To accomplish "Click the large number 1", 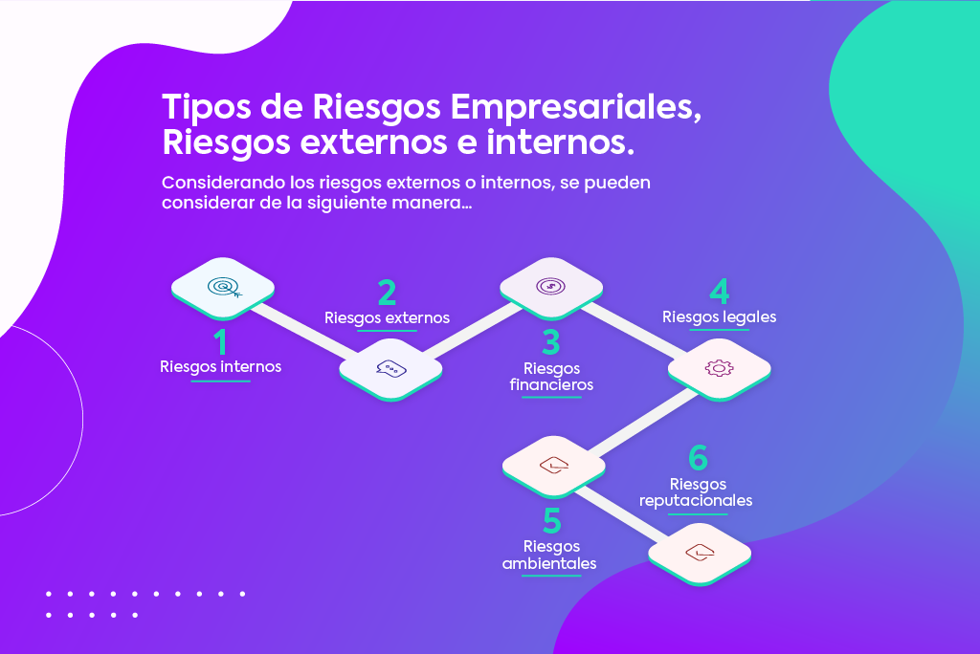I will click(221, 341).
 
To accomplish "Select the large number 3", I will click(551, 342).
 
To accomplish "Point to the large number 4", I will click(719, 291).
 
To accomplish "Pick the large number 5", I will click(551, 522).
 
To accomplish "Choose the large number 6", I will click(698, 459).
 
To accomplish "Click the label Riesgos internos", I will click(221, 366).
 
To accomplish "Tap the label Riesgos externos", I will click(387, 317).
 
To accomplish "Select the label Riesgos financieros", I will click(551, 377).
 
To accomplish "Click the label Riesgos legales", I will click(719, 316).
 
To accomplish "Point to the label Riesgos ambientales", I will click(549, 555).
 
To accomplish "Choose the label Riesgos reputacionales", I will click(697, 492).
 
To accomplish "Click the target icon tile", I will click(223, 286).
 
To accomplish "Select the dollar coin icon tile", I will click(551, 286).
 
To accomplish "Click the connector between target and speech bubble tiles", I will click(306, 328).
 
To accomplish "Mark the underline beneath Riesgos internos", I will click(221, 381).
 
